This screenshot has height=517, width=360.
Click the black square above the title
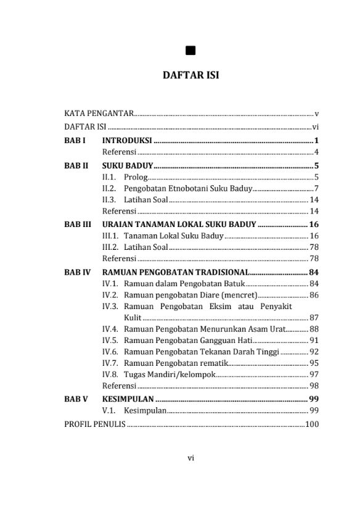[190, 51]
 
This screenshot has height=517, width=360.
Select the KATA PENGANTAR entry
[99, 114]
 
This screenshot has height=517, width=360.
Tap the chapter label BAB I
[75, 140]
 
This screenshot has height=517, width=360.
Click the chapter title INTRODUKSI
[128, 140]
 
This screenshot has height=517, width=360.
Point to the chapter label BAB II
[76, 165]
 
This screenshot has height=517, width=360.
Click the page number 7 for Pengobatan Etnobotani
[316, 189]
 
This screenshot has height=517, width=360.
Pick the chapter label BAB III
[78, 224]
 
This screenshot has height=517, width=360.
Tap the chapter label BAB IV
[78, 271]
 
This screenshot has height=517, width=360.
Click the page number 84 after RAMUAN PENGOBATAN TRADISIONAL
[313, 271]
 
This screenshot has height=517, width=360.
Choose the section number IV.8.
[110, 374]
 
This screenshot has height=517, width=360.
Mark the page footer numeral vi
[191, 458]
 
